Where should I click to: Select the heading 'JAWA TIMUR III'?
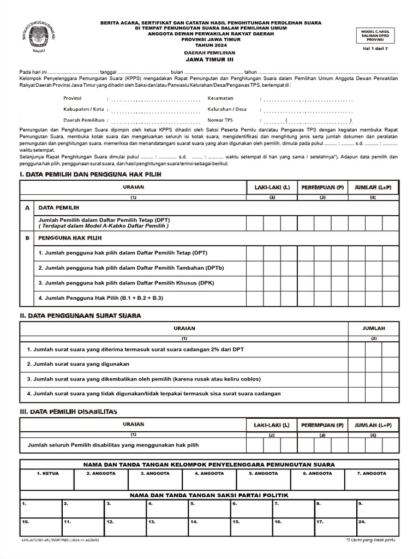209,60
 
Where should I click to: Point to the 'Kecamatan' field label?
220,98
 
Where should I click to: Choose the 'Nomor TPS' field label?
220,120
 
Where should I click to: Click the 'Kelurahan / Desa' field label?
227,109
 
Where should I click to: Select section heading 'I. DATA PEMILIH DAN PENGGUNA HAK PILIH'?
91,174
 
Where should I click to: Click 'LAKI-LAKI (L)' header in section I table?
272,187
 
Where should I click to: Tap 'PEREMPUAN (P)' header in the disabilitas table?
322,425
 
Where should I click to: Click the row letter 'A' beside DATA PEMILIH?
27,208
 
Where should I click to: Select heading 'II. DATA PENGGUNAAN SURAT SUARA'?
81,316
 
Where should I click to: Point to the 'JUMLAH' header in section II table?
374,329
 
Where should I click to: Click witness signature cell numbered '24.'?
378,528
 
